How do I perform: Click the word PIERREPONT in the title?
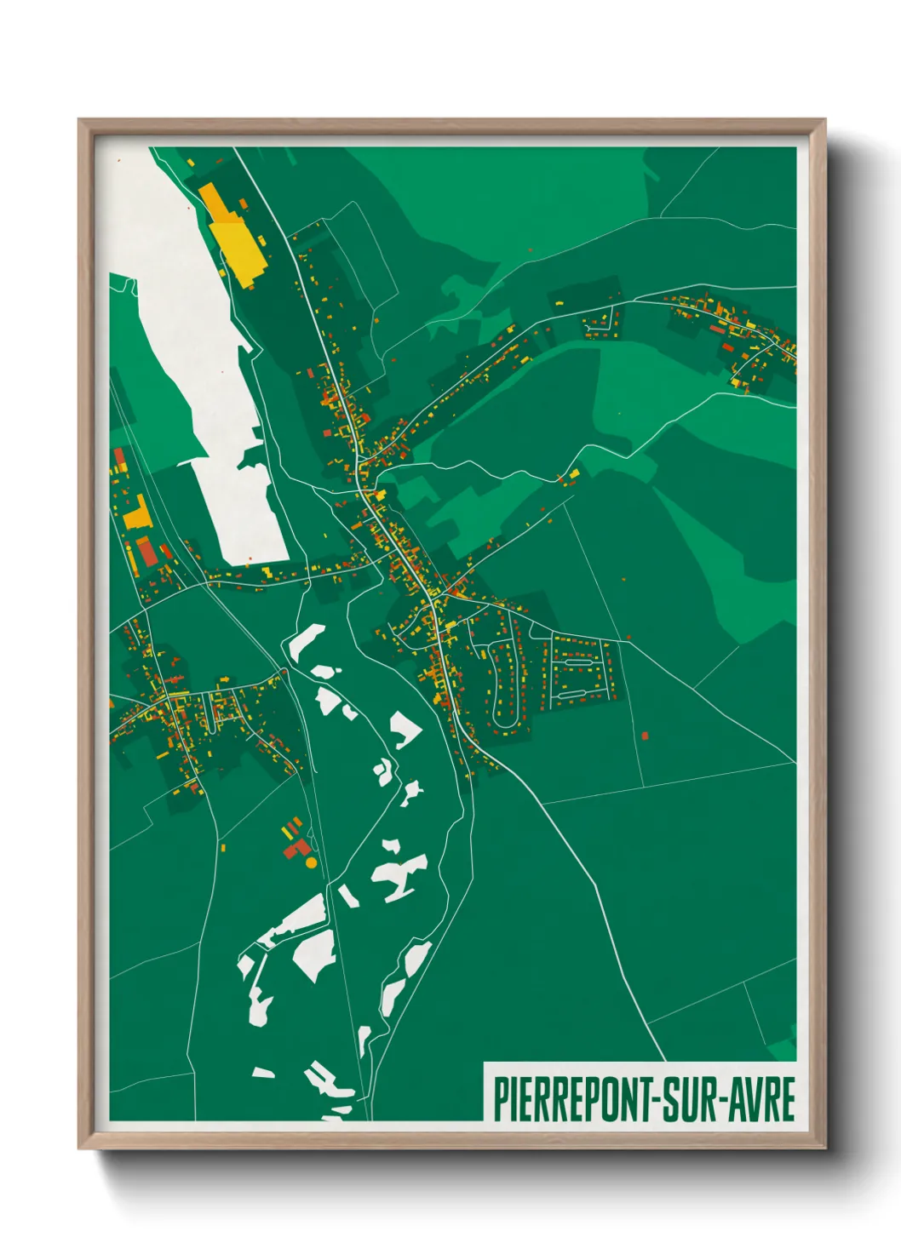571,1099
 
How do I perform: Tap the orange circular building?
311,862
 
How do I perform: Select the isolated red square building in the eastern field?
645,735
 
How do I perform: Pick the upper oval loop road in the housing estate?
578,661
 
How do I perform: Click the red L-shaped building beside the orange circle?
296,848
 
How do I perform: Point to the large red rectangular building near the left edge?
147,550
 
